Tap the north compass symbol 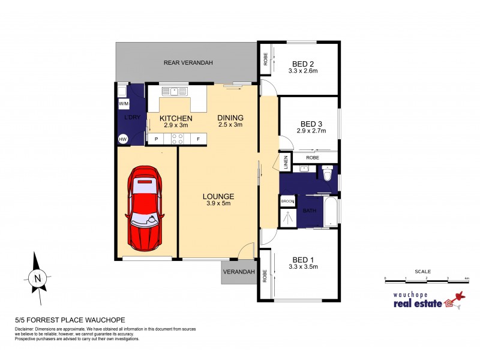tap(37, 278)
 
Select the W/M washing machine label tap(124, 104)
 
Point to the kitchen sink tap(175, 91)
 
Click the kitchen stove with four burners tap(177, 139)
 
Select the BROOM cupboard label tap(287, 202)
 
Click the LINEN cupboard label tap(286, 161)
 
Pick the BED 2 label tap(302, 64)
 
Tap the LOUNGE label tap(218, 196)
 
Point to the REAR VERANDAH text tap(188, 62)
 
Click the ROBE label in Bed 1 tap(265, 275)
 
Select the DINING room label tap(230, 118)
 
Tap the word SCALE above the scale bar tap(427, 271)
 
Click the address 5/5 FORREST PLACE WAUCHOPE tap(69, 320)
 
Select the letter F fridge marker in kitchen tap(198, 139)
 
